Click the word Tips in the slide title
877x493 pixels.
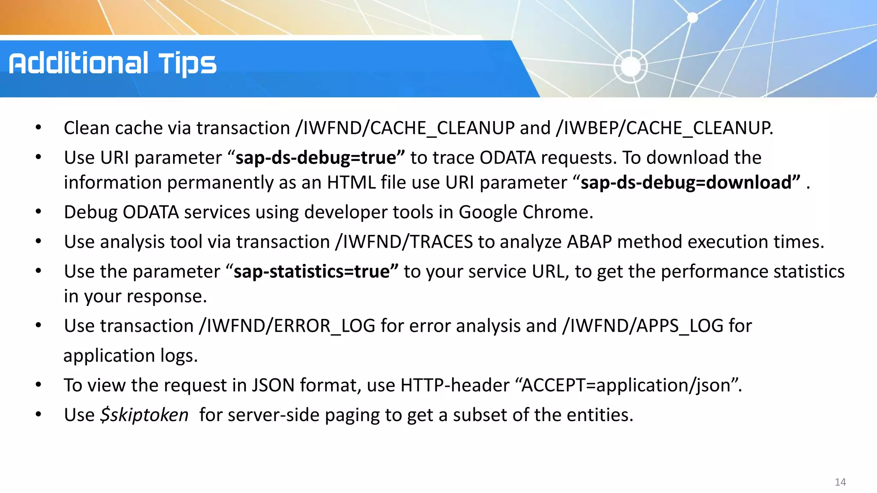pos(188,64)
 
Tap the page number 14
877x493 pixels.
pos(840,482)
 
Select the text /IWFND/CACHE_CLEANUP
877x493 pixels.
pos(405,128)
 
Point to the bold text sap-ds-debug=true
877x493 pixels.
pos(316,158)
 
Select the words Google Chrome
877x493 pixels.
pos(525,212)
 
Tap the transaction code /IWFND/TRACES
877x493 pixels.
pos(404,242)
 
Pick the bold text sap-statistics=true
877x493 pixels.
pos(312,272)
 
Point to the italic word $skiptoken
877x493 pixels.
pos(144,415)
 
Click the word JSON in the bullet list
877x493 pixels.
pos(273,385)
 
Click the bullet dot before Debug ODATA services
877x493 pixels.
pos(39,212)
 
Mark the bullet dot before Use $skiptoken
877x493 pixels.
pos(39,415)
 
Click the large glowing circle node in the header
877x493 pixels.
pos(630,66)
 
